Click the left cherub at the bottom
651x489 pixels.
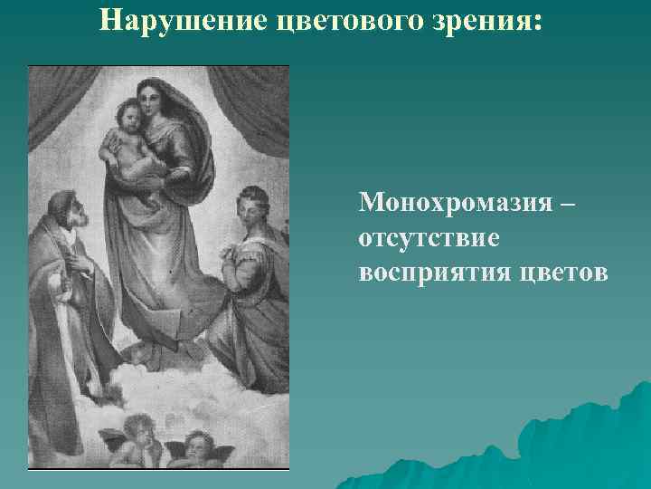[139, 434]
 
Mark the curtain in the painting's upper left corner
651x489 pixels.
[54, 100]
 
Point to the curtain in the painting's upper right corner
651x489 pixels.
[262, 100]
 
